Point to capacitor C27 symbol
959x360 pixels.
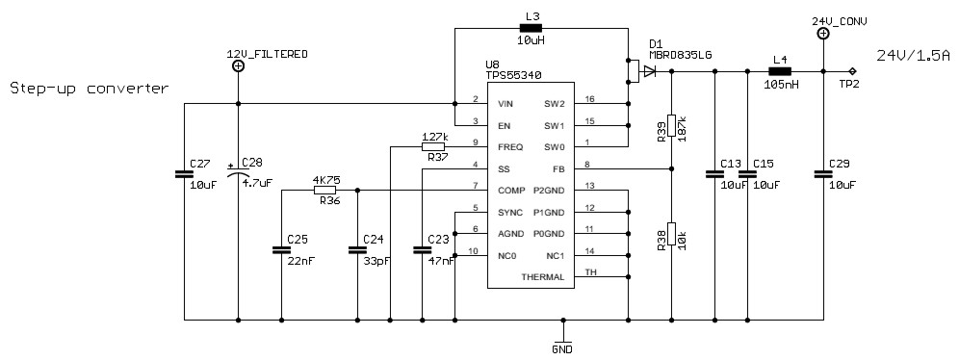(x=183, y=174)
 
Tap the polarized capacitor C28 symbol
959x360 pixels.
(x=238, y=173)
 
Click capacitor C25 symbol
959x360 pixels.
(x=281, y=249)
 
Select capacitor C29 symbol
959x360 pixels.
(x=823, y=174)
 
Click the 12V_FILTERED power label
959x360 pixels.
(x=267, y=55)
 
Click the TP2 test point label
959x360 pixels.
(x=848, y=84)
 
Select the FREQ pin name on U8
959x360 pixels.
(x=510, y=146)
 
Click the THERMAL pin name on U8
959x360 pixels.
(x=542, y=276)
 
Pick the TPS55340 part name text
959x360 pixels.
(x=515, y=74)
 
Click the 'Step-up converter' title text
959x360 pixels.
(x=89, y=89)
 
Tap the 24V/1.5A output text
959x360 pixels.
(x=914, y=55)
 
